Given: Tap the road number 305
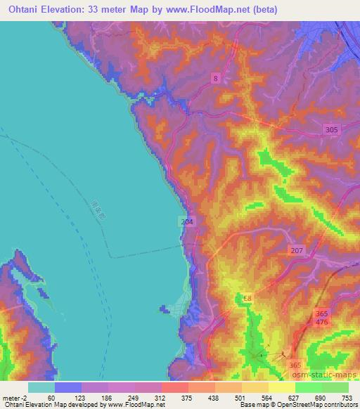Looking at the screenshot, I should [x=333, y=129].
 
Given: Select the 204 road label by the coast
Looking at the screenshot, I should [x=185, y=221].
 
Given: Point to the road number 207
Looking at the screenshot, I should [x=296, y=250].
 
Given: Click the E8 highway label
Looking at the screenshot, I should [x=247, y=299].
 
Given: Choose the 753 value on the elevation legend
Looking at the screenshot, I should [x=348, y=398].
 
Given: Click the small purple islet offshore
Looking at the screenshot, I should [x=163, y=308].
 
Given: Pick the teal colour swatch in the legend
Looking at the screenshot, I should [x=41, y=387].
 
